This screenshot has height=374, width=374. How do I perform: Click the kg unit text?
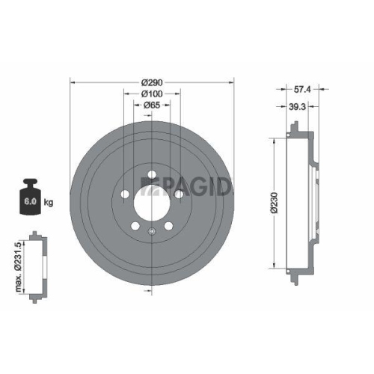click(49, 203)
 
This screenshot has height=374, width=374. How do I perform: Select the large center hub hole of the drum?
click(153, 201)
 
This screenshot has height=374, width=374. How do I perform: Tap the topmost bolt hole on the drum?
click(153, 176)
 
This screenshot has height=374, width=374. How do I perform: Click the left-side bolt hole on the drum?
click(125, 197)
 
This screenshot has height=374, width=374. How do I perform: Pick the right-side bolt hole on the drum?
click(180, 197)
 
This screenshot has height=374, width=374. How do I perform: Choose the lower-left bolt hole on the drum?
click(135, 226)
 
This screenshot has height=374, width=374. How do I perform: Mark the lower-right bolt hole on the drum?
click(169, 226)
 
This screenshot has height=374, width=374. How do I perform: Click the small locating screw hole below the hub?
click(153, 230)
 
